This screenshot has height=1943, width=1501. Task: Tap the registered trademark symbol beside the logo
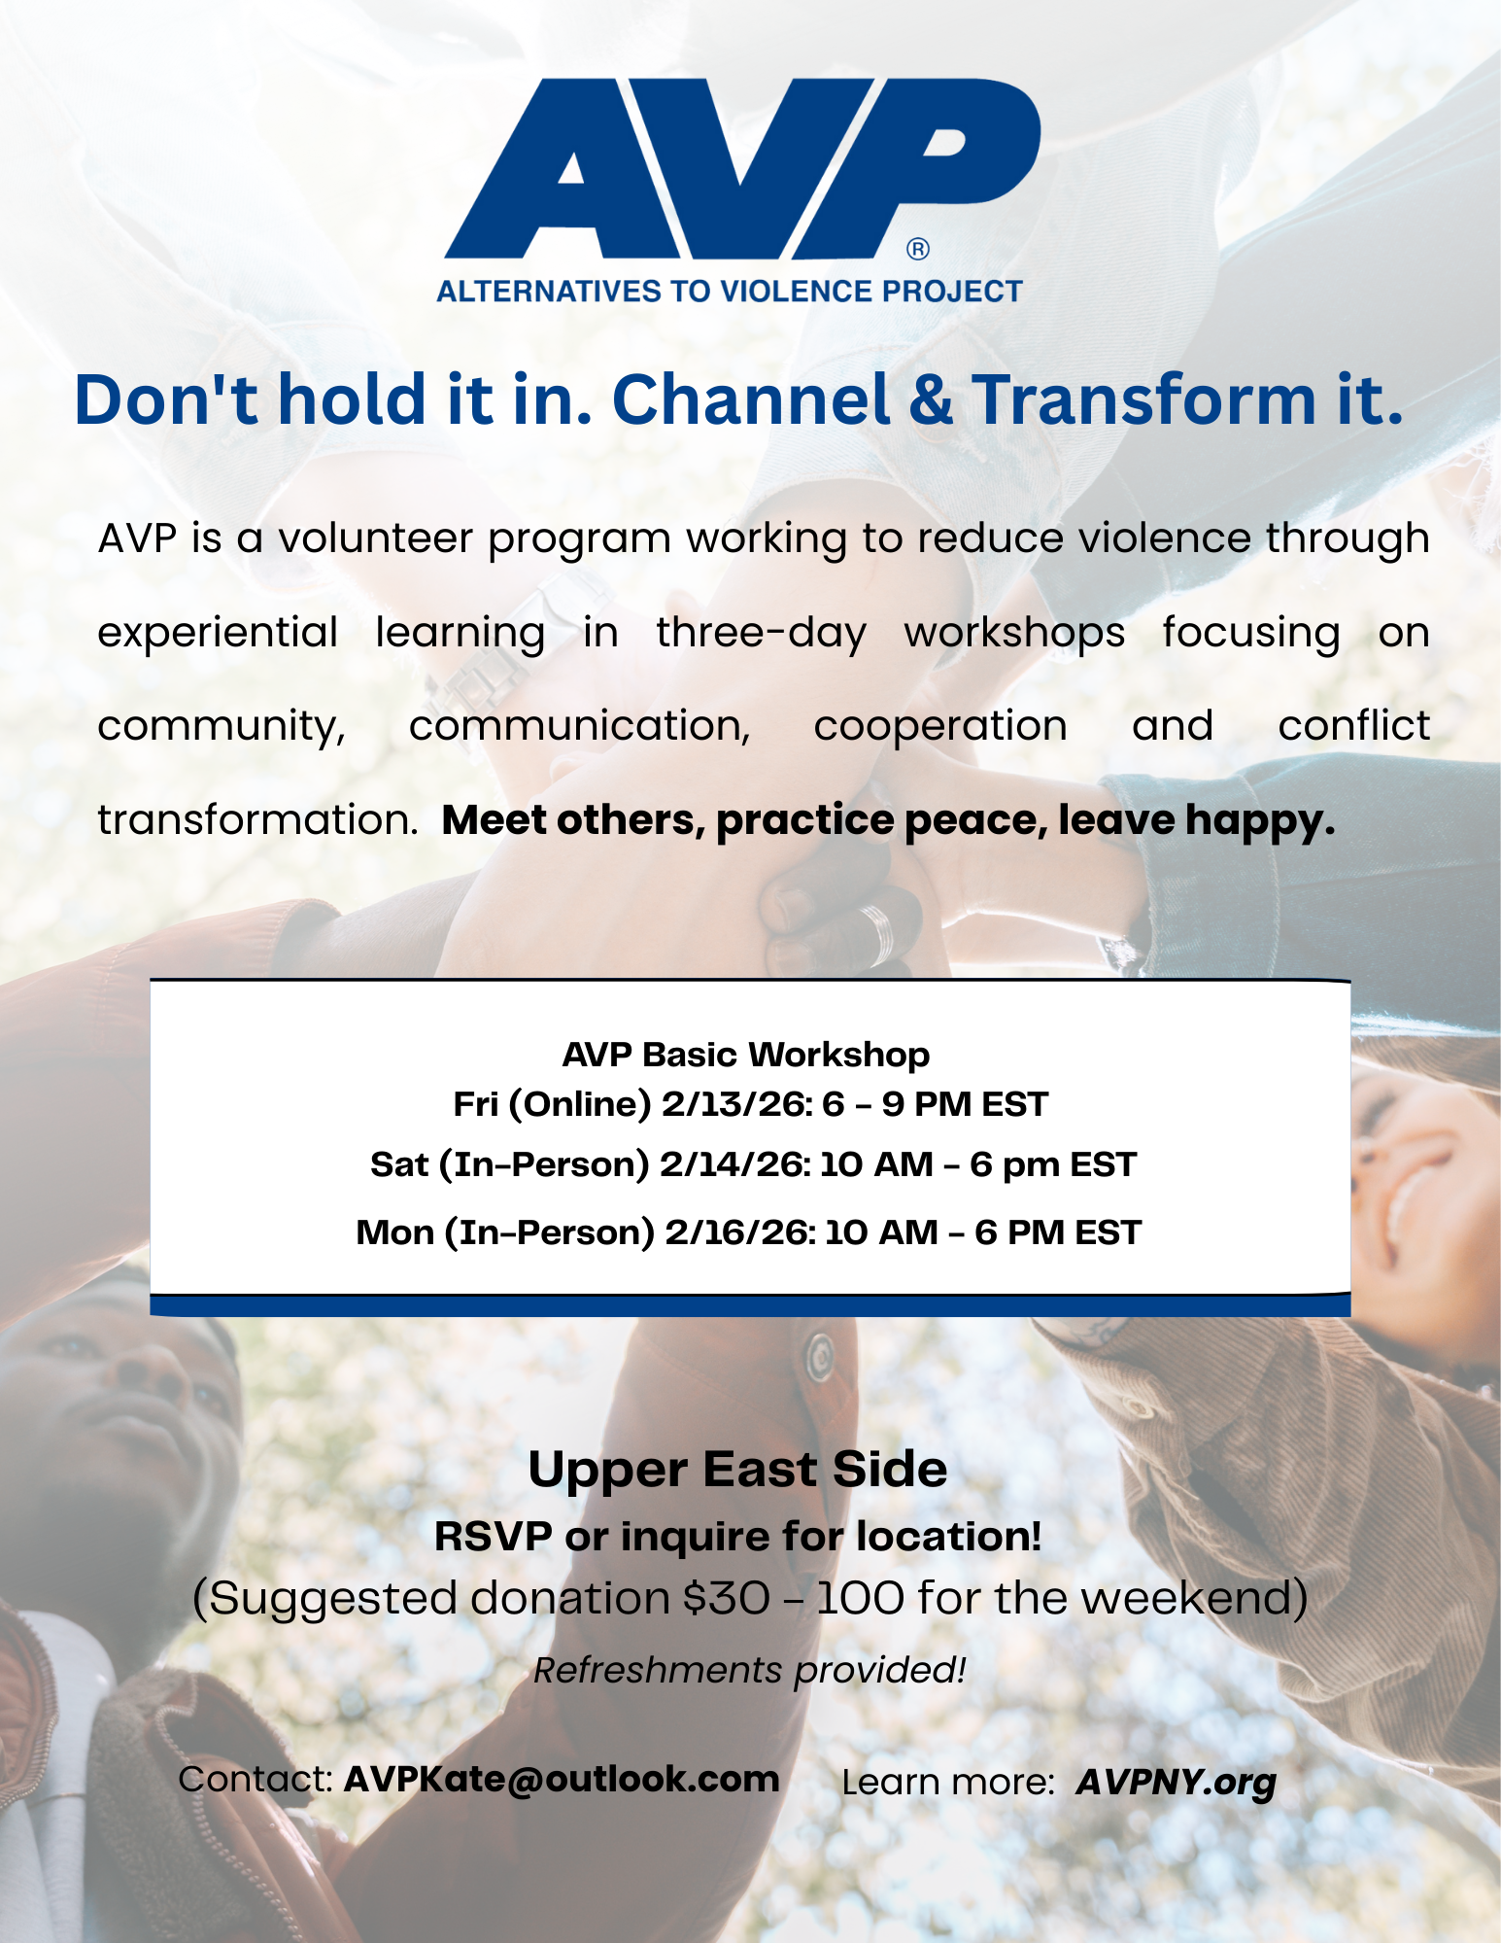[x=918, y=250]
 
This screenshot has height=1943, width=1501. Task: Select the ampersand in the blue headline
[x=932, y=399]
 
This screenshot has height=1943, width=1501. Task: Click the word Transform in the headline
[x=1145, y=399]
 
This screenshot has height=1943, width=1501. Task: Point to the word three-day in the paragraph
[x=761, y=632]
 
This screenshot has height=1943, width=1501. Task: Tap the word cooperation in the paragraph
[x=940, y=726]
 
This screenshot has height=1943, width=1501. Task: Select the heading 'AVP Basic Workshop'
[x=746, y=1055]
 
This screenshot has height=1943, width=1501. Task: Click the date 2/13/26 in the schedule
[x=735, y=1104]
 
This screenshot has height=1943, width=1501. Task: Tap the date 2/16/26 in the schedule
[x=739, y=1232]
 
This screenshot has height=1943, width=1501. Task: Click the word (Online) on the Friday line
[x=580, y=1105]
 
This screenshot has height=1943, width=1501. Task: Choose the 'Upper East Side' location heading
[x=737, y=1469]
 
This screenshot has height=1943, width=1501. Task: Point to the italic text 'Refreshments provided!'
[x=750, y=1670]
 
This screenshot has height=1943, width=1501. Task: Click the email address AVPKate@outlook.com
[x=562, y=1779]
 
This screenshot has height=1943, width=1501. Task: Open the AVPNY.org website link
[x=1176, y=1782]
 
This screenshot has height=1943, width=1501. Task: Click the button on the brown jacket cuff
[x=819, y=1352]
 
